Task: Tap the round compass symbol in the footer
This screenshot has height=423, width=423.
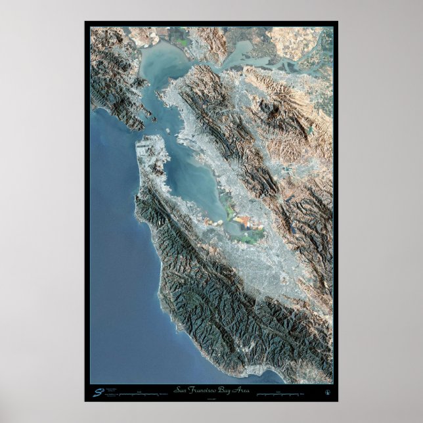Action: pyautogui.click(x=326, y=393)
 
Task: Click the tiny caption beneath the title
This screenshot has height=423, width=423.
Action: pyautogui.click(x=211, y=397)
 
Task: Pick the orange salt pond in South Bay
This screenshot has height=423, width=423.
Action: pyautogui.click(x=244, y=219)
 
